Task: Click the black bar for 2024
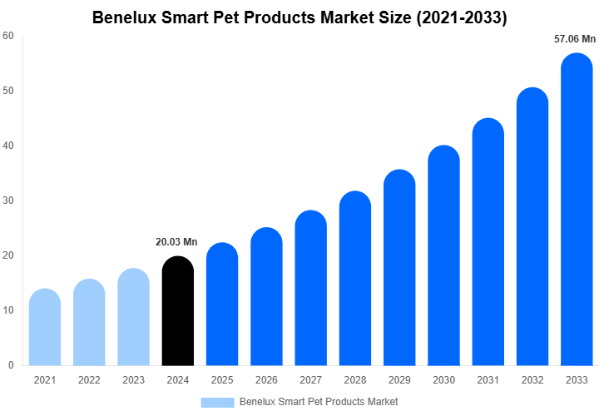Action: point(177,312)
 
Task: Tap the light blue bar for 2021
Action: point(45,328)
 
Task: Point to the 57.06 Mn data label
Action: point(575,39)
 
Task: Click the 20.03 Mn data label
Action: point(176,242)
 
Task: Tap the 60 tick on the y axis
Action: point(7,36)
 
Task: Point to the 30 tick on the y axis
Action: point(7,201)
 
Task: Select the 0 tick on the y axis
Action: point(10,365)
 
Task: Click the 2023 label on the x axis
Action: point(133,380)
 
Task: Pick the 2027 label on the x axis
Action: point(310,380)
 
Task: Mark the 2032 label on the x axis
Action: point(532,380)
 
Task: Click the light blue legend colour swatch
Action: point(217,402)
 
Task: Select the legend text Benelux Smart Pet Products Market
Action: point(319,402)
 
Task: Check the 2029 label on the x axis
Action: point(399,380)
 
